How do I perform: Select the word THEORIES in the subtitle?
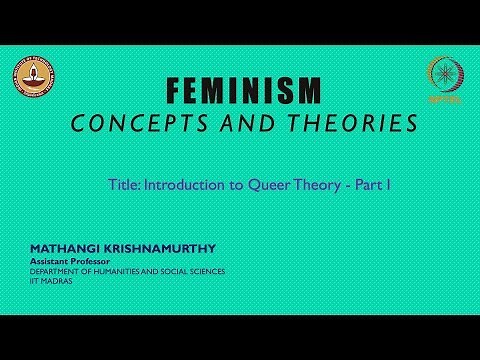(x=331, y=123)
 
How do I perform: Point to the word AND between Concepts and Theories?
(x=246, y=123)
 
